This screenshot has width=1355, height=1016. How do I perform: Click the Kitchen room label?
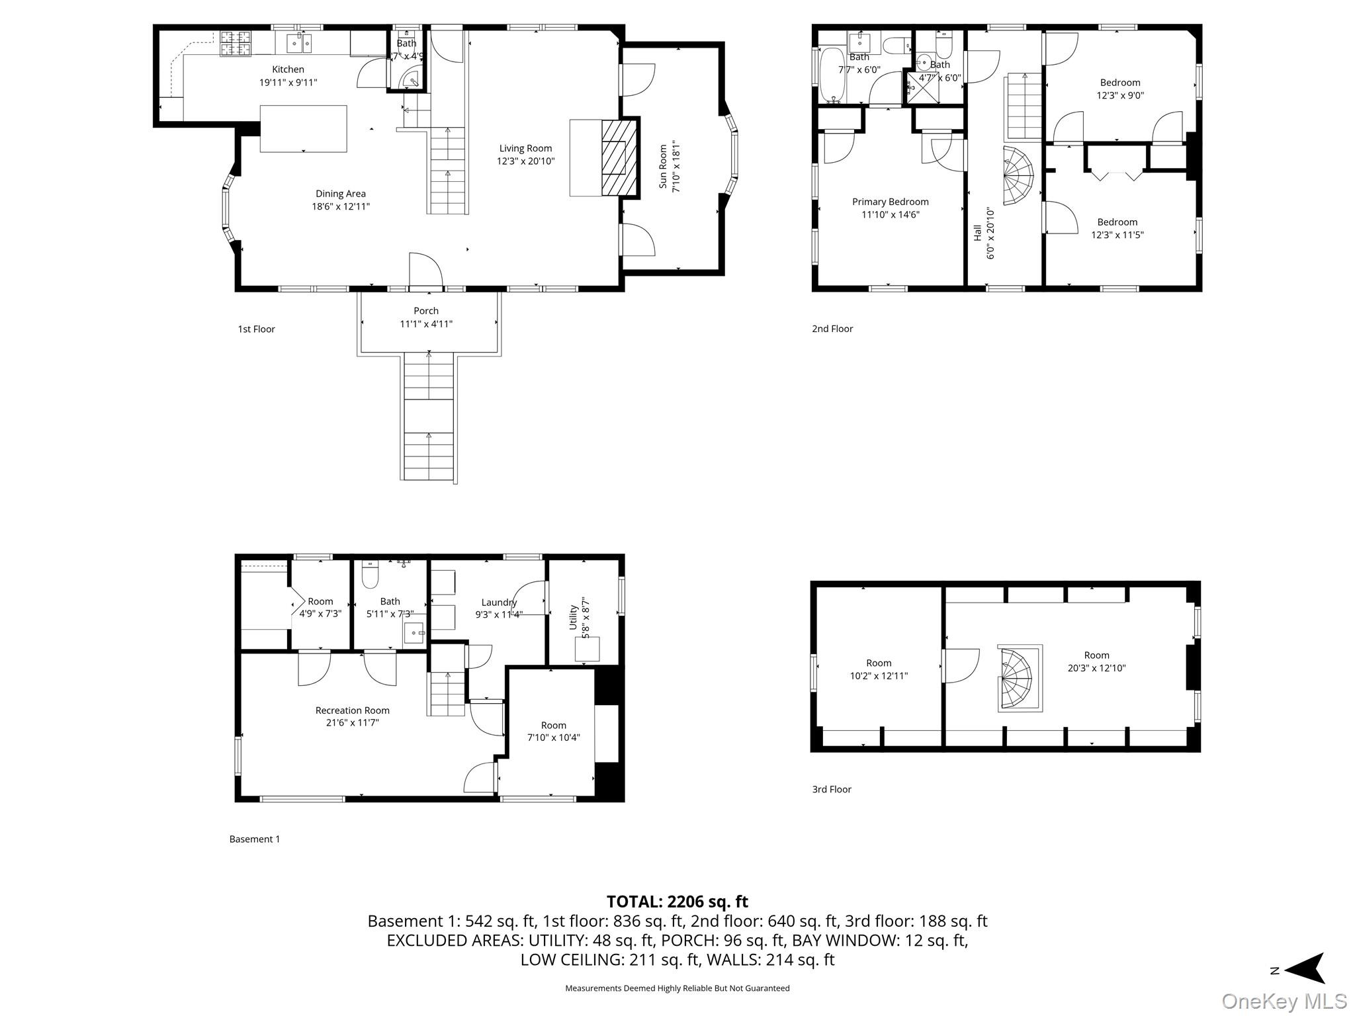(x=288, y=69)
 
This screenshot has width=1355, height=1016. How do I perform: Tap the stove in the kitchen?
(x=236, y=43)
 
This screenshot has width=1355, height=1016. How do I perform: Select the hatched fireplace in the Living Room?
(x=619, y=157)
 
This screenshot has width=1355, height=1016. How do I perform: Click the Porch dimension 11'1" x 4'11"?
(x=426, y=324)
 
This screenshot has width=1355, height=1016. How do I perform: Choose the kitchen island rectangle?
(x=303, y=128)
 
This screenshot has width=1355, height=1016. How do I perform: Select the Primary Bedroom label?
(x=890, y=202)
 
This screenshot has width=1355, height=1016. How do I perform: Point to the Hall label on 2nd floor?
(x=977, y=232)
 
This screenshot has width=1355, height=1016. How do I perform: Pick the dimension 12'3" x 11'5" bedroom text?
(x=1117, y=235)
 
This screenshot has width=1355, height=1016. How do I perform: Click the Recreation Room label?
(x=352, y=710)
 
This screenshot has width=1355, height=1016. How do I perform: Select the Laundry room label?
(x=499, y=602)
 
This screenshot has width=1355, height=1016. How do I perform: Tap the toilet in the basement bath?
(x=370, y=575)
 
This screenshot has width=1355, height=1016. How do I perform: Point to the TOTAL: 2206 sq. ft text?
(x=677, y=902)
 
